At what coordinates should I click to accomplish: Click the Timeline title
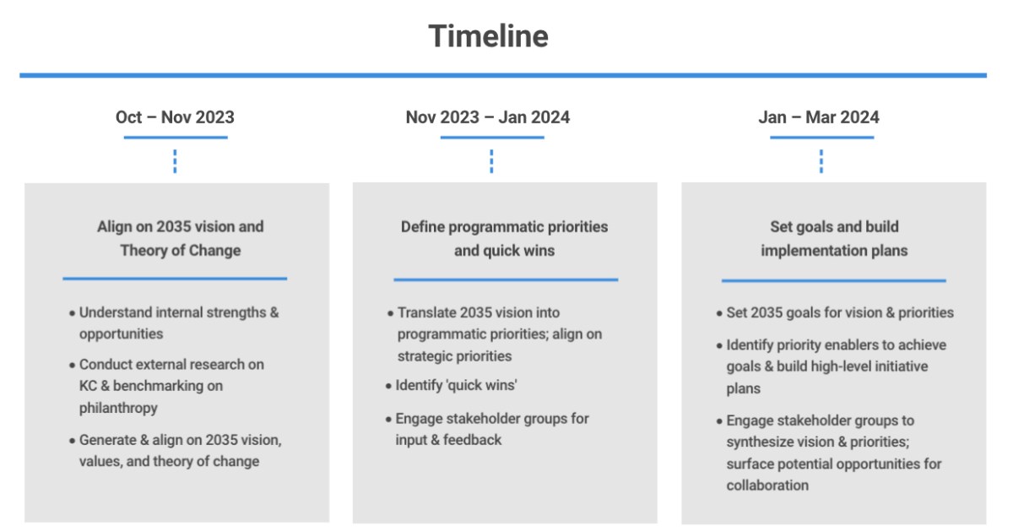pos(489,36)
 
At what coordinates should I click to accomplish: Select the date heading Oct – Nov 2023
pos(175,117)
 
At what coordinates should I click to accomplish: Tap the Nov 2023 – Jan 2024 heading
pos(488,117)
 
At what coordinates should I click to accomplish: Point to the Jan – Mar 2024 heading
pos(819,117)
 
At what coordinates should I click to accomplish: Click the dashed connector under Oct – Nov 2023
pos(175,161)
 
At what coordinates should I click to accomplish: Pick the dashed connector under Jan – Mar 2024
pos(821,161)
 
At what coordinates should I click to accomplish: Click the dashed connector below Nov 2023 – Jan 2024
pos(491,161)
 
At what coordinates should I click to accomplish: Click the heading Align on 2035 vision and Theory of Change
pos(181,238)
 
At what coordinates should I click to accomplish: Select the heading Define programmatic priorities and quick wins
pos(504,238)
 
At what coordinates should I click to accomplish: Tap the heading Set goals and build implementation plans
pos(834,238)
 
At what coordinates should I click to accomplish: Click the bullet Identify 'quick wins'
pos(452,385)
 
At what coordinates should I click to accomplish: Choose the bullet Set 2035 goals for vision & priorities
pos(835,312)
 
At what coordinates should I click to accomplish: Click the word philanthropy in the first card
pos(118,408)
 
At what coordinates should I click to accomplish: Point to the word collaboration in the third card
pos(767,486)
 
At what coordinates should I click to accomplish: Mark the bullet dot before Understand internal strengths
pos(72,313)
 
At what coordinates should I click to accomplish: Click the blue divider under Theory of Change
pos(175,279)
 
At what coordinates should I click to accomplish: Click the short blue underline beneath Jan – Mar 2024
pos(821,138)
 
